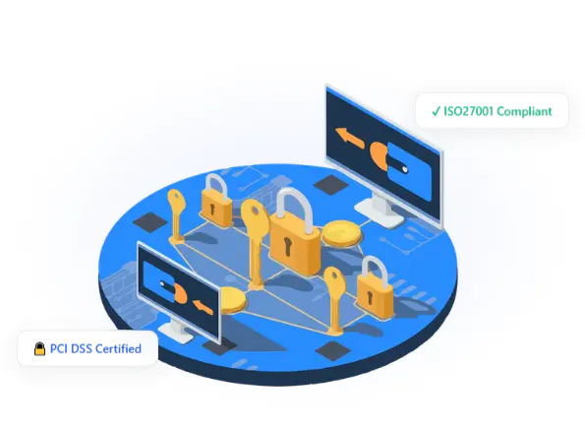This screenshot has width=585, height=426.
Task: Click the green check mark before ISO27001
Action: [x=436, y=111]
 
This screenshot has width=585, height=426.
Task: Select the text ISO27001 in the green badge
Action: [x=469, y=111]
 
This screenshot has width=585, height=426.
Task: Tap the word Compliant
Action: [x=524, y=111]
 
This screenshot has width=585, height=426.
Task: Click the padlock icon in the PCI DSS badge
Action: [x=39, y=348]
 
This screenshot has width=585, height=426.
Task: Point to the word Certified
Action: [x=118, y=348]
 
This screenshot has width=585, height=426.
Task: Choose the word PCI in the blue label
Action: [x=59, y=348]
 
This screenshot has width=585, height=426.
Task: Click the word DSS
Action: [x=82, y=348]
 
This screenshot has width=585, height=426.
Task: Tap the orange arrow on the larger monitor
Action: [x=350, y=138]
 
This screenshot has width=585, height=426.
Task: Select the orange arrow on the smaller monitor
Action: [x=203, y=306]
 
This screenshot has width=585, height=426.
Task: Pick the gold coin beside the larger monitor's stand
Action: [x=342, y=234]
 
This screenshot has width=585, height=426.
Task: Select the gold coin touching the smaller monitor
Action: [x=233, y=300]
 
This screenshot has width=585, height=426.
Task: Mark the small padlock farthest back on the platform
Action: [x=216, y=201]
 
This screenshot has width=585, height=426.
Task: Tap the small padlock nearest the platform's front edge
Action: [x=375, y=287]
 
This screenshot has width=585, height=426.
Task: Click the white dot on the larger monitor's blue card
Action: [x=405, y=170]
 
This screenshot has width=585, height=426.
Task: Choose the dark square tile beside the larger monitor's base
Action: [x=331, y=184]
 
